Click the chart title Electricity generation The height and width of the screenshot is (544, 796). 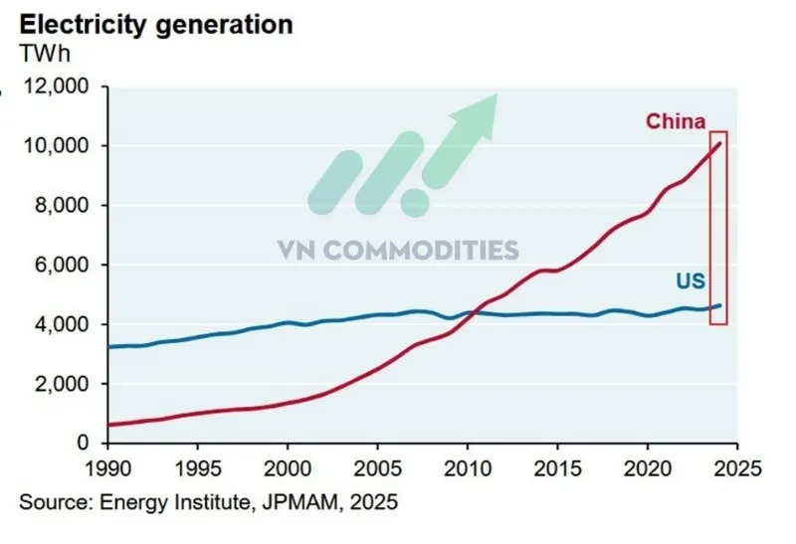pos(156,25)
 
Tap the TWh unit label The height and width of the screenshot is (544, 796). pos(45,54)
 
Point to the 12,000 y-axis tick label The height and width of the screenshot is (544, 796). pos(57,87)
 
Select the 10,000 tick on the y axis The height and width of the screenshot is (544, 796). pos(57,146)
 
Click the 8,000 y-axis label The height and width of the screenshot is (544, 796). pos(62,206)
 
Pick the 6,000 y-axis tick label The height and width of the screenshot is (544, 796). pos(62,265)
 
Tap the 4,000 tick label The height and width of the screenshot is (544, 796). pos(62,324)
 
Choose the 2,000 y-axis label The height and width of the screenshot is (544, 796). pos(62,384)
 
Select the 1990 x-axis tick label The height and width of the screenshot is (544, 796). pos(107,468)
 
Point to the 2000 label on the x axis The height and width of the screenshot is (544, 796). pos(288,468)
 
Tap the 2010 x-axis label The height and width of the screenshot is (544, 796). pos(467,468)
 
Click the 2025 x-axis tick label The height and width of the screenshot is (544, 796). pos(737,468)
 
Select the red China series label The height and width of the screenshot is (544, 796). pos(676,121)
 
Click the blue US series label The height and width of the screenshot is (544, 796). pos(691,281)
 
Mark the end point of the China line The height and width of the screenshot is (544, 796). pos(719,143)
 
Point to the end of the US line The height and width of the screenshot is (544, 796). pos(719,305)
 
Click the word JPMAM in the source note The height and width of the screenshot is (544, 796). pos(300,502)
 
